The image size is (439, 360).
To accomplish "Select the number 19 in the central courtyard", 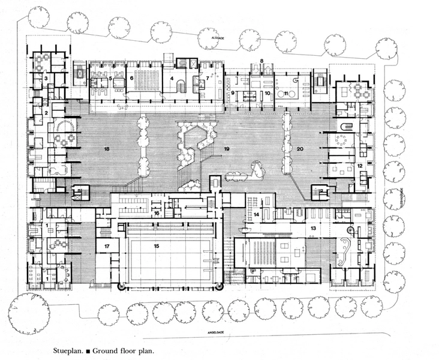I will pos(227,148).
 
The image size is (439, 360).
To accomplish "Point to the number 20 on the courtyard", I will pos(300,148).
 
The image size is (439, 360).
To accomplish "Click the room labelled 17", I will pos(107,246).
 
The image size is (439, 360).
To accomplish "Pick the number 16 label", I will pos(156,213).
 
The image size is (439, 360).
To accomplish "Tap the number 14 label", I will pos(255,214).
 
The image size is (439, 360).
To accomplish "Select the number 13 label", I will pos(313,229).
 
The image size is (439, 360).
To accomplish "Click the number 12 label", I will pos(360,166).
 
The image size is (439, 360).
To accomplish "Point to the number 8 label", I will pos(261,61).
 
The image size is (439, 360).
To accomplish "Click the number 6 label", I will pos(131,78).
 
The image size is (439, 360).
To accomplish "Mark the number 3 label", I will pos(46,79).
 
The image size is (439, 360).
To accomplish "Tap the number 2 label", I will pos(46,113).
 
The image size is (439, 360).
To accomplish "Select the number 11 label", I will pos(286,94).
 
